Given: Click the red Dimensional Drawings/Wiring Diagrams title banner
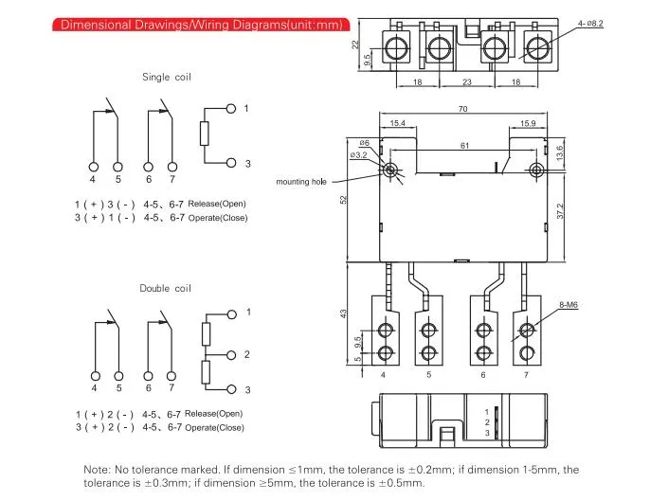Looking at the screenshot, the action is [x=201, y=25].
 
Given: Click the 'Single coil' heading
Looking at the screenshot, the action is [x=167, y=77].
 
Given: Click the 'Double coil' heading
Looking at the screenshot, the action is [x=166, y=289].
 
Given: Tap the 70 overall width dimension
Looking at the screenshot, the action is [x=463, y=109].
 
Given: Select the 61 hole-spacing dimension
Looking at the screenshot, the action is [x=464, y=146].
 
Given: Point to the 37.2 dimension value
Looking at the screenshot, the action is [x=561, y=211].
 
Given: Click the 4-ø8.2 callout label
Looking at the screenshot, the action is [x=590, y=24].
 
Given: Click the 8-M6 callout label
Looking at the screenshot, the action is [x=569, y=305].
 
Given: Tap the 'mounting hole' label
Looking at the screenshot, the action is [x=301, y=182].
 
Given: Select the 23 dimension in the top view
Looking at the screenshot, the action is [x=467, y=82].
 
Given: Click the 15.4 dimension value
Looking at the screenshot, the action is [x=398, y=123].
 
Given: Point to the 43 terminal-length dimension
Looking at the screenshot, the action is [x=343, y=313].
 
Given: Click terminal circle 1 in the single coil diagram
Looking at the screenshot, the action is [x=231, y=109].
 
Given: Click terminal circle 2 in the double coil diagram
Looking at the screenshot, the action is [x=231, y=355].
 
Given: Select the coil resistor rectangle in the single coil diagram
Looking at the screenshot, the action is [x=204, y=134].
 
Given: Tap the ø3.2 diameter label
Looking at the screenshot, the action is [x=358, y=155].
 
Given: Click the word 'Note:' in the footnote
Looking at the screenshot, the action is [x=97, y=470].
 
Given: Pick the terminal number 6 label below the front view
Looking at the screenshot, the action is [x=483, y=375].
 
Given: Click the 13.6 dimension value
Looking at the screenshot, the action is [x=560, y=152].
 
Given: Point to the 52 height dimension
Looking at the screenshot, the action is [x=343, y=199].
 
